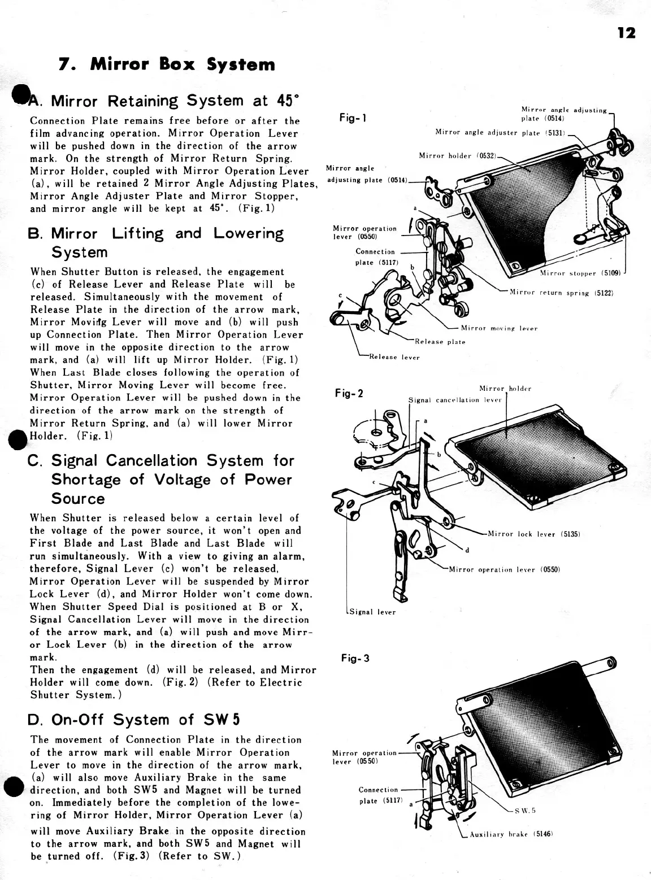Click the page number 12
[626, 33]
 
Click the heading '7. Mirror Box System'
[167, 64]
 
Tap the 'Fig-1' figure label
[353, 118]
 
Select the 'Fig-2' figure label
[349, 393]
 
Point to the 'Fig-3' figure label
[355, 658]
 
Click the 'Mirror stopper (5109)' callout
[580, 273]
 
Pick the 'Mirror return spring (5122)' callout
[561, 293]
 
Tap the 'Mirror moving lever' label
[499, 328]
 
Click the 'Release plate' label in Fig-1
[440, 342]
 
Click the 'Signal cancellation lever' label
[455, 400]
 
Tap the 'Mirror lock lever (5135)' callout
[534, 534]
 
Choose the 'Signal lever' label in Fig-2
[373, 612]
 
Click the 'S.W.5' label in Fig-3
[525, 811]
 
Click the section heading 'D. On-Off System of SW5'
[134, 720]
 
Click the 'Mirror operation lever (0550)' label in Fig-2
[504, 569]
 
